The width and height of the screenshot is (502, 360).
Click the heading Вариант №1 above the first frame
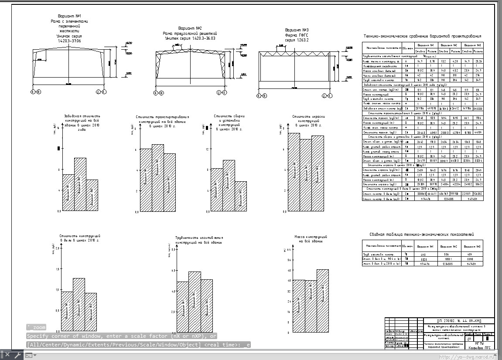[69, 16]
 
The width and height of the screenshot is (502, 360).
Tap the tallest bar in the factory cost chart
[80, 183]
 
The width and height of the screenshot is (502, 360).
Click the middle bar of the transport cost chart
[158, 177]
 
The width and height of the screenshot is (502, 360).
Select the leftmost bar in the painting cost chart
[294, 172]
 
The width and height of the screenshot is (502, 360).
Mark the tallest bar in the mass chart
[323, 301]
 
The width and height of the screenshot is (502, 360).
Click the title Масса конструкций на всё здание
[311, 239]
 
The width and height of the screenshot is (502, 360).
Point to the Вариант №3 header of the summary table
[472, 246]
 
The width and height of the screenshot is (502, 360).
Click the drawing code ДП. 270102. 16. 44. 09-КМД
[456, 320]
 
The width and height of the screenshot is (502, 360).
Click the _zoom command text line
[36, 327]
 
